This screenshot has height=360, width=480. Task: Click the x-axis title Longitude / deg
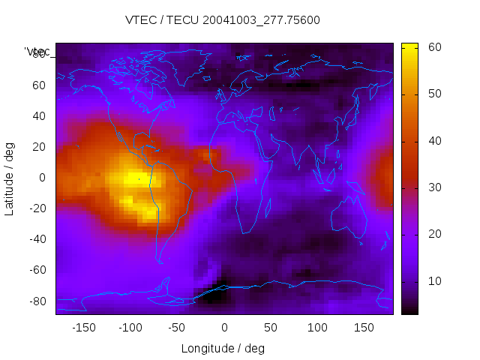[223, 348]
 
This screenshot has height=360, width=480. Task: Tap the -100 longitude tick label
[130, 327]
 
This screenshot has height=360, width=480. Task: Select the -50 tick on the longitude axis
[177, 327]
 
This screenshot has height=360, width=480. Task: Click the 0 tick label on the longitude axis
[224, 327]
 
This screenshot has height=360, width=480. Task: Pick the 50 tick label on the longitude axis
[271, 327]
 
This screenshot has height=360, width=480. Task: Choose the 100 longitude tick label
[317, 327]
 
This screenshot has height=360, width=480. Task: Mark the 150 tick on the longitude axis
[364, 327]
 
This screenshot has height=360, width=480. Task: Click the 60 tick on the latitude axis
[40, 85]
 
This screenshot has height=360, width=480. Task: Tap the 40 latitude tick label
[40, 115]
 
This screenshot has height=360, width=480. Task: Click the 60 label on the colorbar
[433, 47]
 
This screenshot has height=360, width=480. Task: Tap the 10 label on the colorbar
[433, 281]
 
